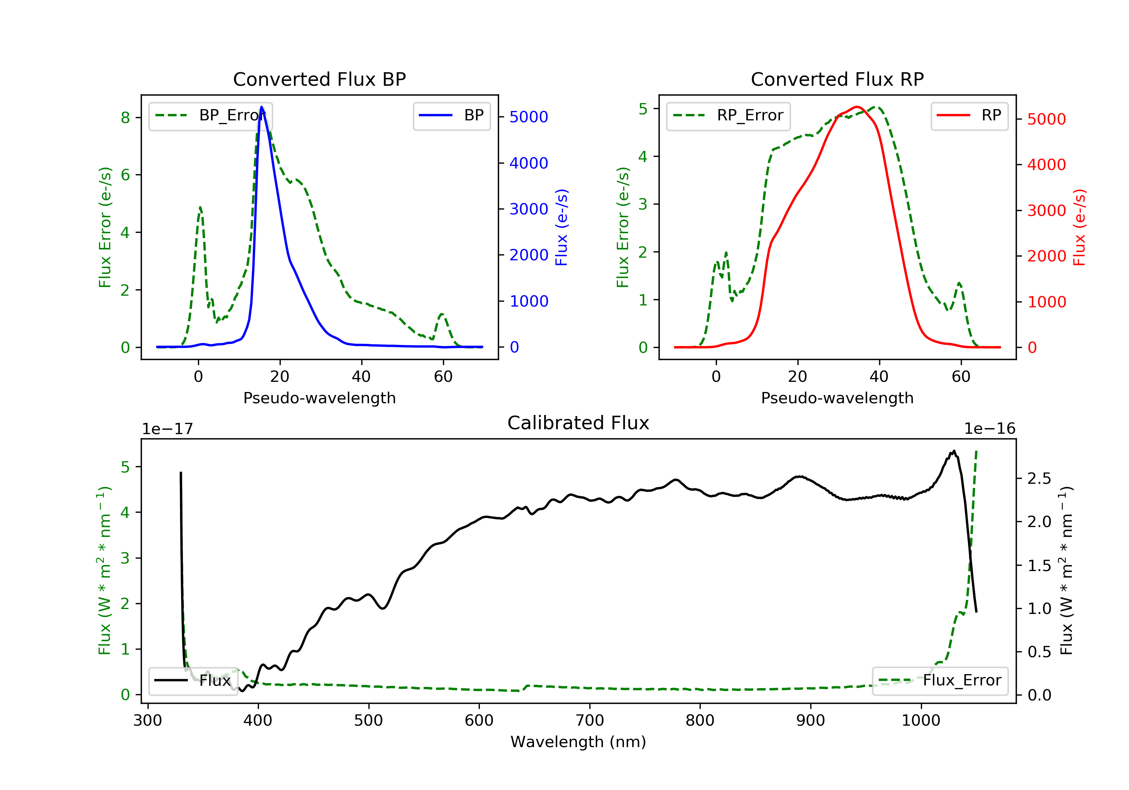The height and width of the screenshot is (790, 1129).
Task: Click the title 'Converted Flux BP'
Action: (319, 79)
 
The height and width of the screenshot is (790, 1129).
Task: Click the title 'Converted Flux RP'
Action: (837, 79)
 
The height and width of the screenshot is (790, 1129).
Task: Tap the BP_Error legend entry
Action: (210, 115)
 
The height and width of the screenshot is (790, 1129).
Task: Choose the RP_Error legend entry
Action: (728, 115)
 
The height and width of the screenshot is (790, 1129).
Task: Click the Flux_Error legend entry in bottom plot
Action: (940, 681)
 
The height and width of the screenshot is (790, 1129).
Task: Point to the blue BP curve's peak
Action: (262, 107)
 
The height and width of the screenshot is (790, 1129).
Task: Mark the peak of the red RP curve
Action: (857, 107)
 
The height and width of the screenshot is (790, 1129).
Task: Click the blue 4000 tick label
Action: (529, 163)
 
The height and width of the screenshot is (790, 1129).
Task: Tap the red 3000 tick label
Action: (1046, 210)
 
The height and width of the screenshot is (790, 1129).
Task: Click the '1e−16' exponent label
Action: (989, 429)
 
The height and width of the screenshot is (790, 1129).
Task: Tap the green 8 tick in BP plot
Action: (125, 117)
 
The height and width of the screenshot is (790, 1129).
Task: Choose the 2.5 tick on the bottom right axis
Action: (1039, 478)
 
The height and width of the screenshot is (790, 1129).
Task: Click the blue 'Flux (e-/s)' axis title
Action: (561, 227)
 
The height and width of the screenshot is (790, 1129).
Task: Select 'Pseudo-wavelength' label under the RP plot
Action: (837, 398)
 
